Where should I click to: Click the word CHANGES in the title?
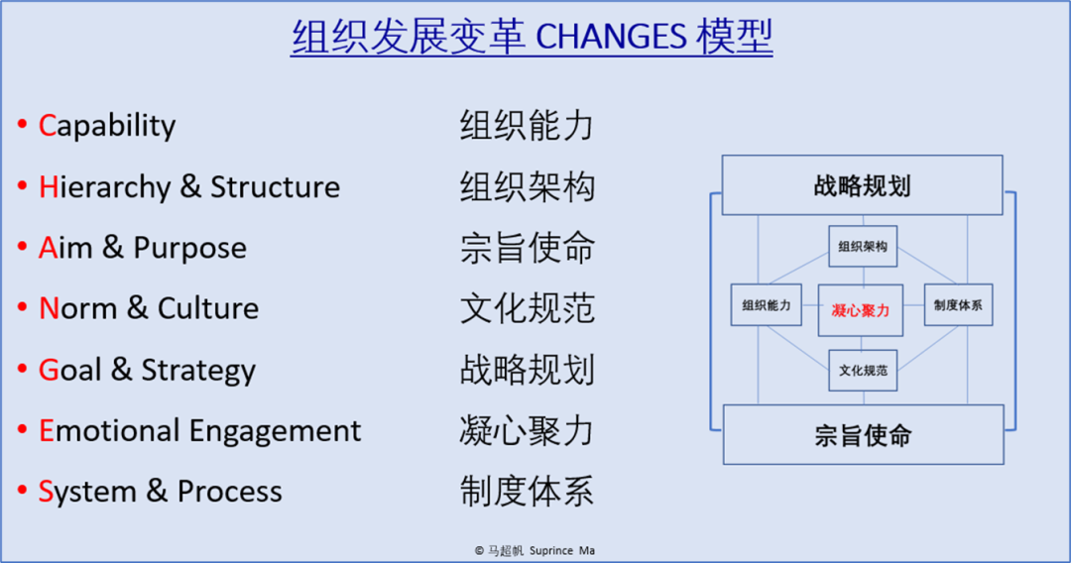[611, 37]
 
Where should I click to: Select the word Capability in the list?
[106, 126]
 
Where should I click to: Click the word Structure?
[276, 186]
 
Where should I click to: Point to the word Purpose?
[189, 248]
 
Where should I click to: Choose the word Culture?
[208, 308]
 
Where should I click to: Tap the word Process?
[229, 492]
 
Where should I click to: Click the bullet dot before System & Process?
[23, 490]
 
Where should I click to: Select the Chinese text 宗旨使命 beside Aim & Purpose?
[528, 248]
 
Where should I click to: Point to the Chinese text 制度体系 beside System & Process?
[528, 492]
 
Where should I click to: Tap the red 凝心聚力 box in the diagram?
[861, 310]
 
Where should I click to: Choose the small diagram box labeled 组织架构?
[863, 247]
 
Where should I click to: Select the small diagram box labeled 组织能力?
[767, 305]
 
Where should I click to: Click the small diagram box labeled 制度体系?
[958, 305]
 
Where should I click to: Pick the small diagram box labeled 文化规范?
[863, 371]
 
